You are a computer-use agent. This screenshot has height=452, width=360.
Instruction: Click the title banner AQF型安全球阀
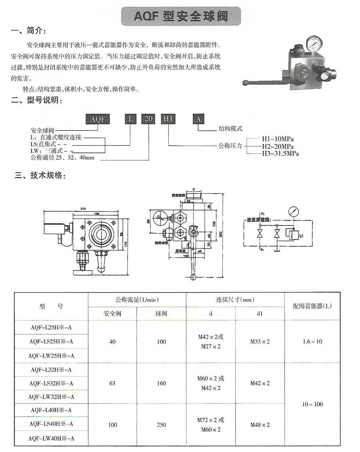point(181,16)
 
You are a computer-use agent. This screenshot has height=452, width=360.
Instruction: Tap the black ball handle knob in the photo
point(246,83)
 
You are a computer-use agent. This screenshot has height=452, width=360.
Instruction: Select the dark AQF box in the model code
point(98,119)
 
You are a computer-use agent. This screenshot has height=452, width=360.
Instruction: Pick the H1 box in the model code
point(168,119)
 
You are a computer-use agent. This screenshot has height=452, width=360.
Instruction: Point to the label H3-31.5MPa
point(280,153)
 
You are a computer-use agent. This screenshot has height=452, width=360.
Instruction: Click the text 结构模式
point(230,129)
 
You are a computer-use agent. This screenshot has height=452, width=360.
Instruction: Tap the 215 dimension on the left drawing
point(84,208)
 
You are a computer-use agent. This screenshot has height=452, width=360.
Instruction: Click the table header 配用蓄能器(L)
point(312,306)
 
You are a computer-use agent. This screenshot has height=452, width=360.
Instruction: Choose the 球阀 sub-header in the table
point(161,313)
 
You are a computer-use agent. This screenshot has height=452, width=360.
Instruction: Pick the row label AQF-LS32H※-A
point(51,383)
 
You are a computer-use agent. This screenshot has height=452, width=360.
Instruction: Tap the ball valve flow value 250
point(161,424)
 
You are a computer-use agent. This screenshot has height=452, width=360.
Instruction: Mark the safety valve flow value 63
point(112,383)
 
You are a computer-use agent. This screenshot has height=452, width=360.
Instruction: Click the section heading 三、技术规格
point(39,176)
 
